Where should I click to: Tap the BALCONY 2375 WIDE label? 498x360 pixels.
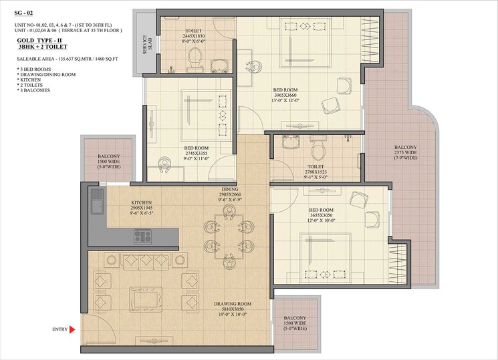406,152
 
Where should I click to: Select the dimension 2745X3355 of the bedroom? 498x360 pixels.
197,154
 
